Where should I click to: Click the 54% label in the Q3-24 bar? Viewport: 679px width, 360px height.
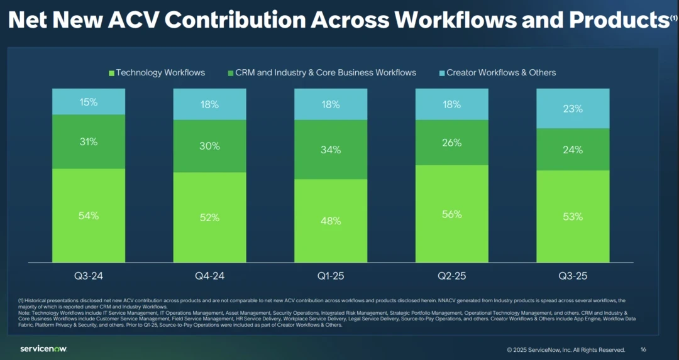[89, 215]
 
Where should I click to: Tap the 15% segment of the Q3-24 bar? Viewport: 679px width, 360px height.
[89, 102]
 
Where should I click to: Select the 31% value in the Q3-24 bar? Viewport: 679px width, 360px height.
[89, 142]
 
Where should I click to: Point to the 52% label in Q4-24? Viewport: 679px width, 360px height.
[210, 217]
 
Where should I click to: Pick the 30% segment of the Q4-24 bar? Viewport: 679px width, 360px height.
[210, 146]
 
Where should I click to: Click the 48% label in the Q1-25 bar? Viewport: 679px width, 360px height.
[331, 221]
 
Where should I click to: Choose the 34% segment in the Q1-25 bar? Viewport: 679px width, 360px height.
[331, 150]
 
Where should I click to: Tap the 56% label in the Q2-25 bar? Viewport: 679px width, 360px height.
[452, 214]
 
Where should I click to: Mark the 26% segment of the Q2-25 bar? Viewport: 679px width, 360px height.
[452, 143]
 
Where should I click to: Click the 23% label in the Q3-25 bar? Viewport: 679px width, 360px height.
[573, 109]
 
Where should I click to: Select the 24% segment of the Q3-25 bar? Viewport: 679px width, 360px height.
[573, 150]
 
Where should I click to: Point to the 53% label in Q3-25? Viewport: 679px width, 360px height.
[573, 217]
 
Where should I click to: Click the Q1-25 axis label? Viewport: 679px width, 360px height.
[331, 276]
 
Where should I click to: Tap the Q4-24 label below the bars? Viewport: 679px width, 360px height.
[210, 276]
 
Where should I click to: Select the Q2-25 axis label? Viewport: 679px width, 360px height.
[452, 276]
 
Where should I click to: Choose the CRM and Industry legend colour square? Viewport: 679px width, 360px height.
[230, 73]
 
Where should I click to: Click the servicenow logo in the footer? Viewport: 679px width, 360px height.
[43, 349]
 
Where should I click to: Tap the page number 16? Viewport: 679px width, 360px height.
[643, 349]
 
